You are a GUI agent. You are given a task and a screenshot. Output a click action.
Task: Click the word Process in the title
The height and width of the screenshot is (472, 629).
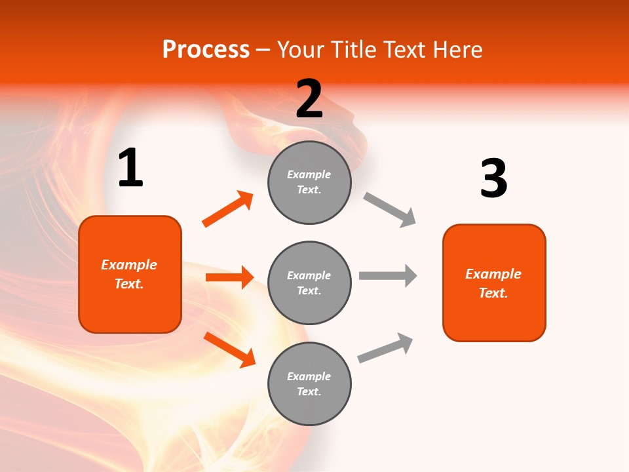point(206,50)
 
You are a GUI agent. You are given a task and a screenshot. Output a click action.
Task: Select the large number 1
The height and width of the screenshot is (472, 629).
point(130,168)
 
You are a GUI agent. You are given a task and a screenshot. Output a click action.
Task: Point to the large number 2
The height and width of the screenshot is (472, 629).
point(309,98)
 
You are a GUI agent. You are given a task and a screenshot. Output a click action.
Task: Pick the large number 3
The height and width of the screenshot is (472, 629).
point(493,179)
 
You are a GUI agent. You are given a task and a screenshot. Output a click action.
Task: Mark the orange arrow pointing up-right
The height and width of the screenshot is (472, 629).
point(228,209)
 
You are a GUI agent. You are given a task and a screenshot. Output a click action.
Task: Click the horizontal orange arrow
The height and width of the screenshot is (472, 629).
point(229,277)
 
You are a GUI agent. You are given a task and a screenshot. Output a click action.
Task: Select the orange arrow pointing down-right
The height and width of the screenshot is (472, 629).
point(229,349)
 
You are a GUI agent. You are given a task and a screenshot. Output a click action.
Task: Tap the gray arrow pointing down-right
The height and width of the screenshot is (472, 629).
point(390,210)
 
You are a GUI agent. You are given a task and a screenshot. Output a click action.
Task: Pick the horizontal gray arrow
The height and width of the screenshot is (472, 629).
point(388,275)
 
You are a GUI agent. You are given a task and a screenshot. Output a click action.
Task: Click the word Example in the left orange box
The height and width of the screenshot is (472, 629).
point(129,265)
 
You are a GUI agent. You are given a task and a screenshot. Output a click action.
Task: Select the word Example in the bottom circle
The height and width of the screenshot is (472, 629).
point(309,376)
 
